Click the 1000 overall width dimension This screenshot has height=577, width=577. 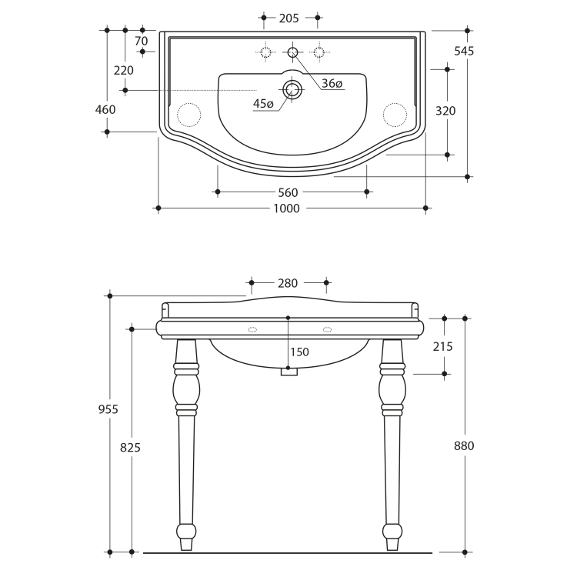coord(287,208)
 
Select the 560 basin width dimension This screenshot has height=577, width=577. coord(288,192)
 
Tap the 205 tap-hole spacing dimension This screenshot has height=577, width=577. coord(288,18)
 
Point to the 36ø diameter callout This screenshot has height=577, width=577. coord(332,84)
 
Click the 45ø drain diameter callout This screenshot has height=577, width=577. coord(263,104)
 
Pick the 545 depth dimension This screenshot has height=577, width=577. coord(464,51)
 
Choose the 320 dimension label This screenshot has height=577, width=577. coord(445,111)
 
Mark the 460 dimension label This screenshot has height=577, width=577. coord(105,109)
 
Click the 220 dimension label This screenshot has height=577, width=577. coord(124,70)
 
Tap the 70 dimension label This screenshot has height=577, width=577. coord(142,41)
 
